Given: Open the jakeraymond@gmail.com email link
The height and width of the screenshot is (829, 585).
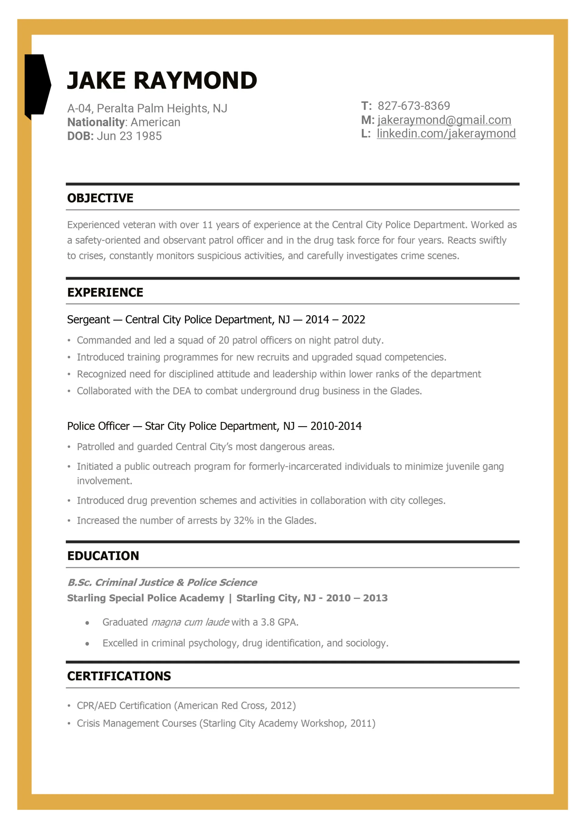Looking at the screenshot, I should coord(444,120).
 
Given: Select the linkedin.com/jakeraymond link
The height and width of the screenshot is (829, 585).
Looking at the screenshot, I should coord(446,134).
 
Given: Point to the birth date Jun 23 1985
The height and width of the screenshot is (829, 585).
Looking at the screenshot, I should coord(129,136).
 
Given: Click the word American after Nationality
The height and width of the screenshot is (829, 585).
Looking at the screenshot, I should coord(155,122).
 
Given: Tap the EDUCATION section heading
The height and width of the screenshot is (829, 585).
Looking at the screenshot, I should coord(103,555).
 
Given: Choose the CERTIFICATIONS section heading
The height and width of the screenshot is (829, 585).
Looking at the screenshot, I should coord(119,676).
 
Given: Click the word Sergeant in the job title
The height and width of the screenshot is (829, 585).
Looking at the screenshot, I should coord(88,319).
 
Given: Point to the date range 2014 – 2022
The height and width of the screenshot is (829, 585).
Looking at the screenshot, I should coord(335,319).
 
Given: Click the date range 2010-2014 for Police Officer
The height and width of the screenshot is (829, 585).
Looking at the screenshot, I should coord(336,426).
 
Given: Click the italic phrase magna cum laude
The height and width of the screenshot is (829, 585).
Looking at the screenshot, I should coord(190,622).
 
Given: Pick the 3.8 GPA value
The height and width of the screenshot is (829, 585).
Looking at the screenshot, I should coord(267,622).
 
